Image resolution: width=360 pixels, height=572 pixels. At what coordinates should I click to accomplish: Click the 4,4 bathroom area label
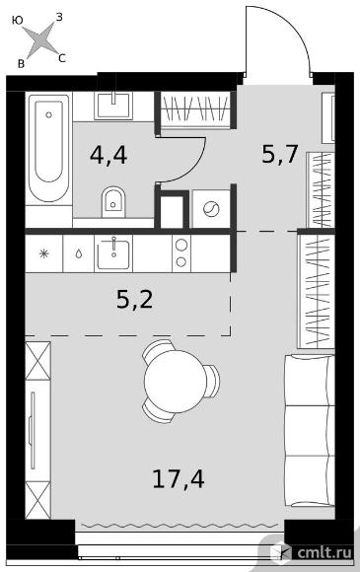[108, 156]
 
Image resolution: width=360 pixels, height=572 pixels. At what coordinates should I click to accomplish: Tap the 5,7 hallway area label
[280, 154]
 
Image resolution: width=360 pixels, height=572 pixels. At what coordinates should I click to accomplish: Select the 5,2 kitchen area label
[134, 299]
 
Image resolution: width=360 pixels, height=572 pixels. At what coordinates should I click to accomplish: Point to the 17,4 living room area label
[179, 478]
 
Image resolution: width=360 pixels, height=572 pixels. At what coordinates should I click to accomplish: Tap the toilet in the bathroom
[112, 202]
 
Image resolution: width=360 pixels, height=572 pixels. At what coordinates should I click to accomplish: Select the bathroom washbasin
[113, 106]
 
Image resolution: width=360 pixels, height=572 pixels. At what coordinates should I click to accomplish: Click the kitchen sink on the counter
[113, 253]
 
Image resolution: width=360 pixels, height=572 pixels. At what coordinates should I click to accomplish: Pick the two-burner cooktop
[181, 253]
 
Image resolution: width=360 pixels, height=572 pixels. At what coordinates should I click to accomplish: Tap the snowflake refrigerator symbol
[43, 253]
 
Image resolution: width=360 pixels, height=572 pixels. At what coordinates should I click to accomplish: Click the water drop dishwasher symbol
[79, 253]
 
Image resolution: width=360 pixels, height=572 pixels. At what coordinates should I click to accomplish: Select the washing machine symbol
[211, 209]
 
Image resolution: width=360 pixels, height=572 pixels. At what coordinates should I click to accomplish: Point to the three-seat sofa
[310, 430]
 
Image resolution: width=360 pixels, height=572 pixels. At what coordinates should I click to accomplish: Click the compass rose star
[42, 39]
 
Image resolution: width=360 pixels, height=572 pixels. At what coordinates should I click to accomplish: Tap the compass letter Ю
[17, 21]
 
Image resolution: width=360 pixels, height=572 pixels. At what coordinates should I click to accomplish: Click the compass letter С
[62, 58]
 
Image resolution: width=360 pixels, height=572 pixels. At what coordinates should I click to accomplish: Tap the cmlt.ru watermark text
[324, 552]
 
